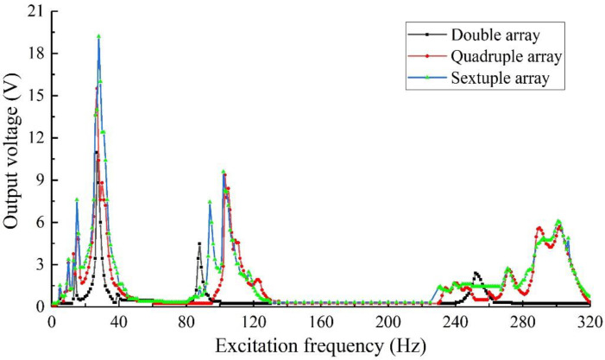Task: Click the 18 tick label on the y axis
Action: point(35,54)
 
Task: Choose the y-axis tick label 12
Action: point(35,138)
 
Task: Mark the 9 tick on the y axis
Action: point(40,180)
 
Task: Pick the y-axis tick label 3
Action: point(40,264)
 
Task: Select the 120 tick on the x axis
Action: point(254,321)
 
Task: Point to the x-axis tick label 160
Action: point(321,321)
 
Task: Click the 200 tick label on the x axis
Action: point(388,321)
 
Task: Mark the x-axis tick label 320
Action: point(589,321)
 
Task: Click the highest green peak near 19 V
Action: point(99,37)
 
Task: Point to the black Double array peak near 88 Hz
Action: point(199,243)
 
